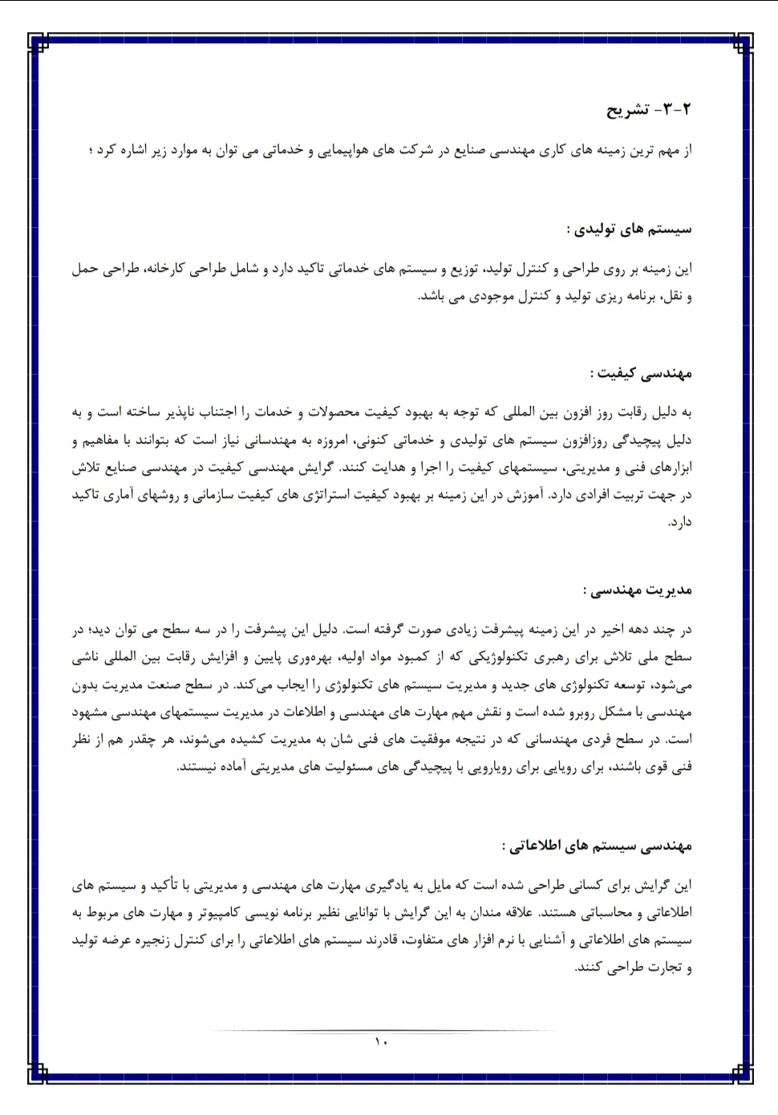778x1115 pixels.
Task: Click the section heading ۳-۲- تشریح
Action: [x=648, y=110]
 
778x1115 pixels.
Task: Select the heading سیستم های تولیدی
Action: [x=629, y=229]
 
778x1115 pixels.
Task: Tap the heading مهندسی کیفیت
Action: [x=641, y=373]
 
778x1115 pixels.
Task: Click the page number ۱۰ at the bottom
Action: [x=380, y=1042]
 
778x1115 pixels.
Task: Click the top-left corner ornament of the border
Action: [x=38, y=43]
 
